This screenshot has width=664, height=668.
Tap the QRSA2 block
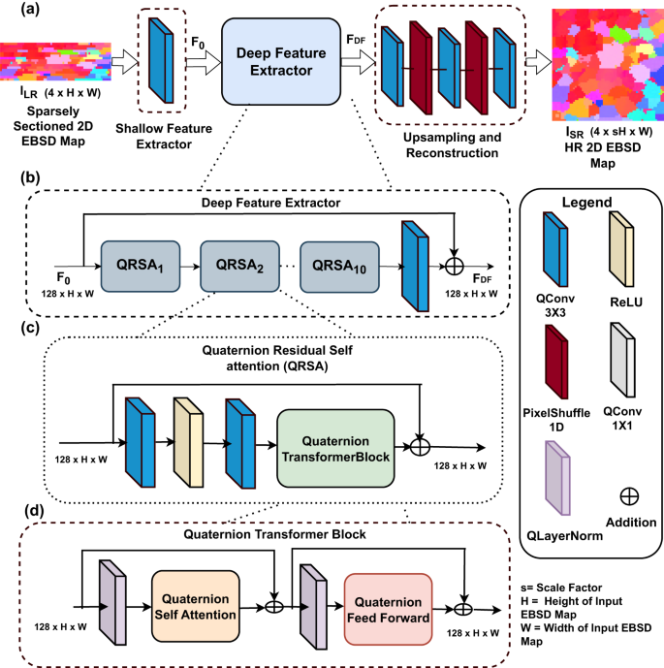(237, 265)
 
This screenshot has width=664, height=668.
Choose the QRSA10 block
(338, 265)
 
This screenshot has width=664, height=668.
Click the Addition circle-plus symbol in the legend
(628, 495)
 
